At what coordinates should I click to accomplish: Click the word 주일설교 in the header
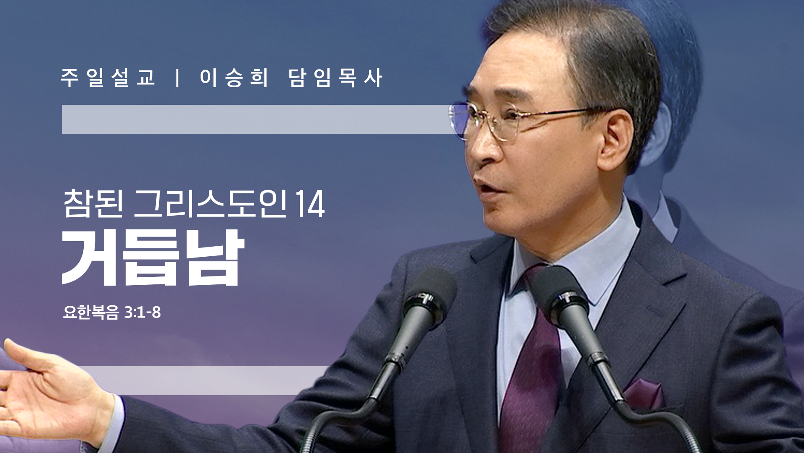pos(108,78)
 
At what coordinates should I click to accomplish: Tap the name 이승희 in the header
pos(234,78)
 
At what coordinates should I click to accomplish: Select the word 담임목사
pos(335,78)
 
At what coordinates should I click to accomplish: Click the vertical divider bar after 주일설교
pos(178,78)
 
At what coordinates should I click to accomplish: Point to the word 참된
pos(93,203)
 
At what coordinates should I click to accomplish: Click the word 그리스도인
pos(211,203)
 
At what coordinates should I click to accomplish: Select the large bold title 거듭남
pos(153,258)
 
